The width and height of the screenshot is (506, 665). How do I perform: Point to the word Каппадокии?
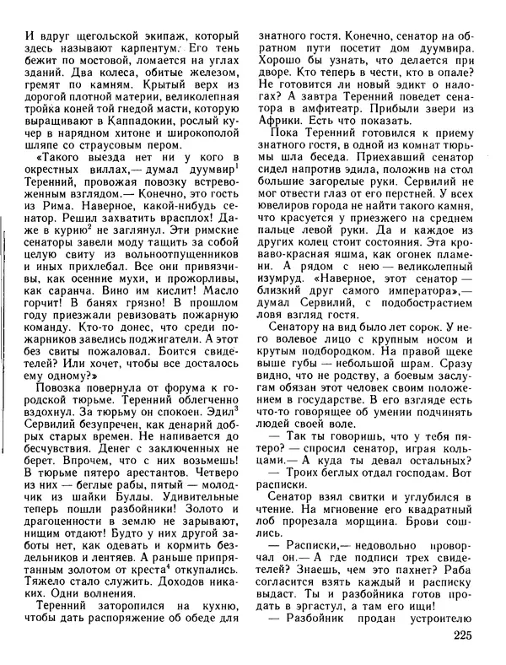click(x=148, y=132)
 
